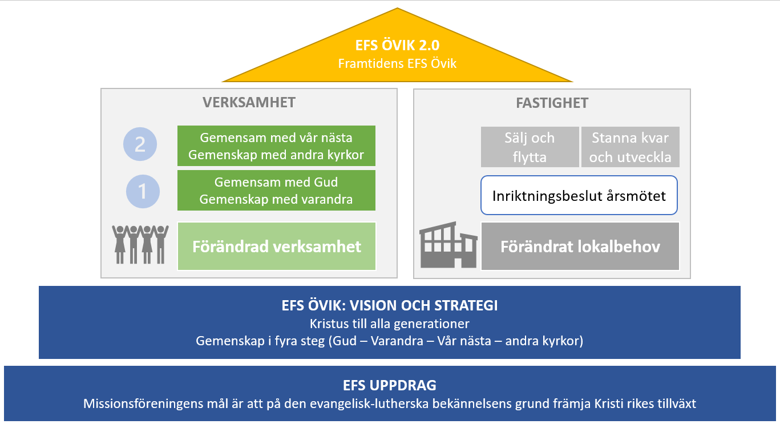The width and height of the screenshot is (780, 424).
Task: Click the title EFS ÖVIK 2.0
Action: tap(397, 46)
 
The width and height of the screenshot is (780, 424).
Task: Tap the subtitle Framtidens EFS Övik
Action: tap(397, 63)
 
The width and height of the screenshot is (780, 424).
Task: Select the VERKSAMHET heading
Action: tap(249, 103)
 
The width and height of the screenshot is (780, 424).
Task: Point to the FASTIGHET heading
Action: tap(551, 104)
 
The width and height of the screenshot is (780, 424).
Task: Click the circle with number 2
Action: tap(140, 145)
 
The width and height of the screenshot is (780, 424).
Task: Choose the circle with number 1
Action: tap(143, 191)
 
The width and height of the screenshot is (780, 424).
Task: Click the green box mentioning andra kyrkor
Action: tap(276, 147)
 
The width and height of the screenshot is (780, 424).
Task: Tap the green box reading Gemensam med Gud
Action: tap(276, 191)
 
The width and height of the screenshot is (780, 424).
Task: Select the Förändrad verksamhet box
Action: tap(277, 246)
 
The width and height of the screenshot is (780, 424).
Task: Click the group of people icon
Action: tap(140, 244)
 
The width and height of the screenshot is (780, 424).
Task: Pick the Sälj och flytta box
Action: tap(530, 147)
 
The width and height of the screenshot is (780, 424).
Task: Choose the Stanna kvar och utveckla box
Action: tap(630, 147)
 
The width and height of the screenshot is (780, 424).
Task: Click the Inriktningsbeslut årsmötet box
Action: tap(579, 196)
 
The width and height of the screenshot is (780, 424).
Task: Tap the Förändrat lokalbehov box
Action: tap(580, 247)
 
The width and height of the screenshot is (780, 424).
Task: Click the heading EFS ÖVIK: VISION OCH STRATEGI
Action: tap(390, 306)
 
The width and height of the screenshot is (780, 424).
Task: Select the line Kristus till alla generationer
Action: tap(390, 324)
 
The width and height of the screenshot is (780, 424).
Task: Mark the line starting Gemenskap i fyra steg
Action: tap(390, 341)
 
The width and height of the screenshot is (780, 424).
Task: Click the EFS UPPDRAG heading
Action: tap(390, 385)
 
